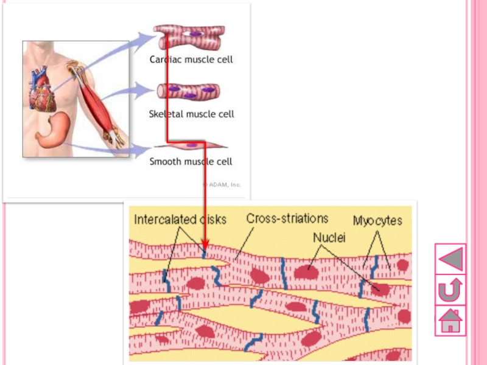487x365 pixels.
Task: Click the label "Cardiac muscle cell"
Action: click(x=191, y=60)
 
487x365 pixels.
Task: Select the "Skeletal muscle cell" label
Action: click(x=191, y=114)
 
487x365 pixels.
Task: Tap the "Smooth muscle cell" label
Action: click(x=191, y=162)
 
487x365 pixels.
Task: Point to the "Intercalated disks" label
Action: click(x=180, y=220)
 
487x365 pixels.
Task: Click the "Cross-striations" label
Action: click(x=287, y=218)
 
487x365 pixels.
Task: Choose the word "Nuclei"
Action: click(x=329, y=238)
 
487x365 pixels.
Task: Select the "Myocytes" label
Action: click(x=377, y=220)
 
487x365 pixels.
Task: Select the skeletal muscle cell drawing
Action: click(x=189, y=92)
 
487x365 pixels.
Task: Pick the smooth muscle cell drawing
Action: click(x=190, y=145)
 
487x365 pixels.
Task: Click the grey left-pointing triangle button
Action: click(x=450, y=258)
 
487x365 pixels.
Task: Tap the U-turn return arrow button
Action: click(x=450, y=290)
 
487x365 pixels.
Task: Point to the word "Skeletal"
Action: click(x=166, y=114)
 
